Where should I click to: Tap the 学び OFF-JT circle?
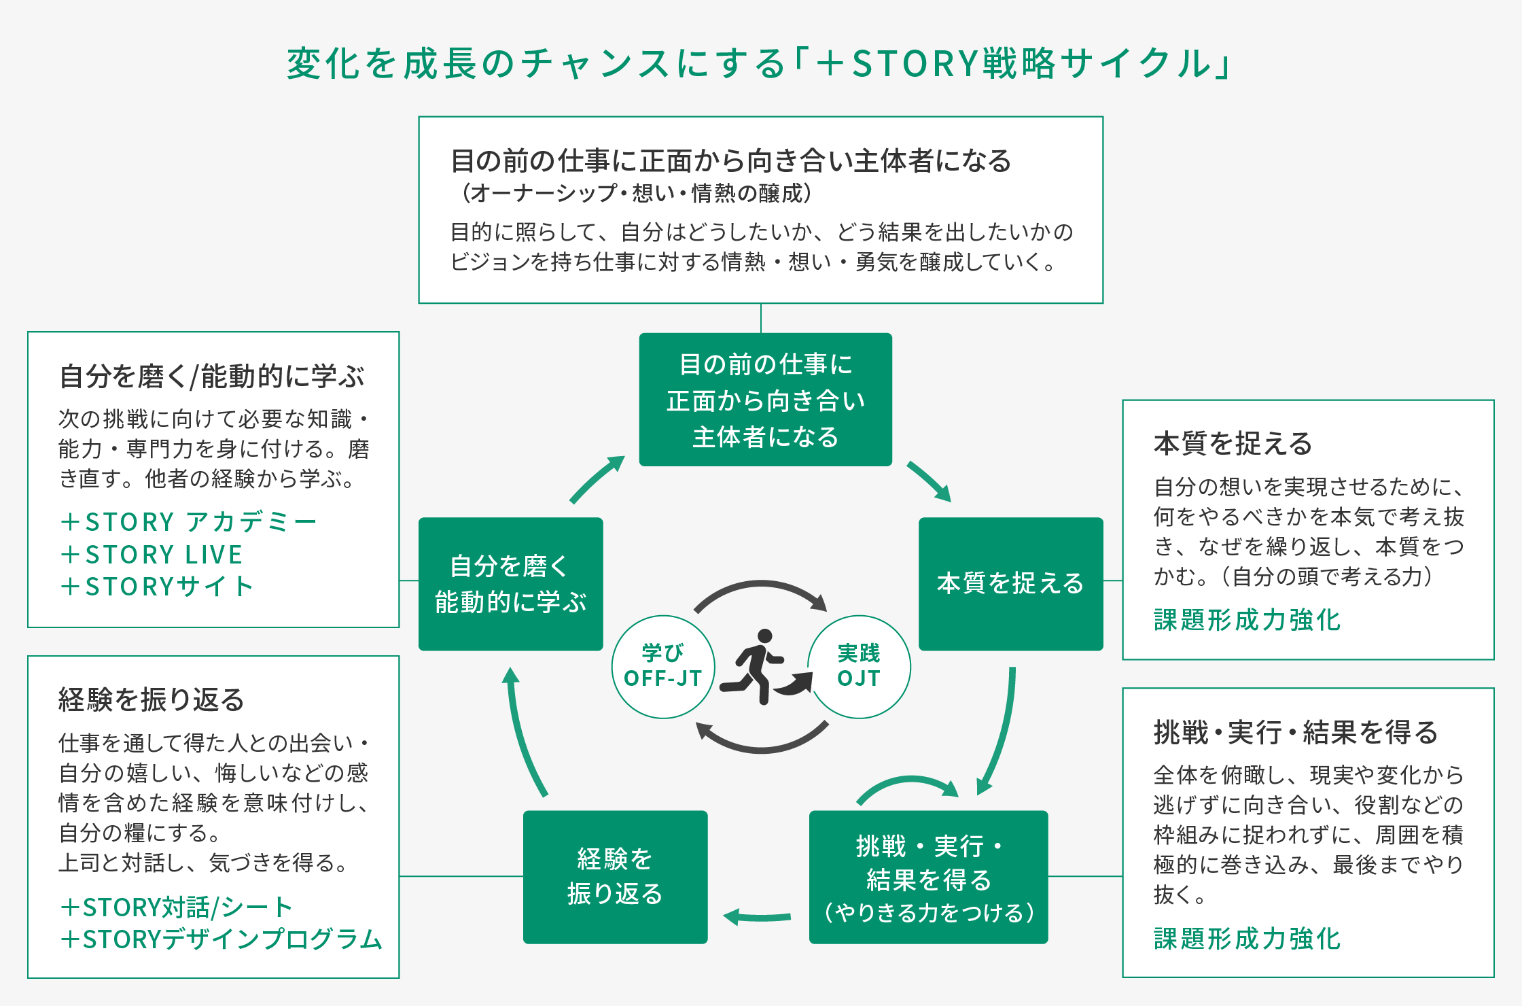pyautogui.click(x=663, y=667)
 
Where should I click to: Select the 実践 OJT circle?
pyautogui.click(x=859, y=667)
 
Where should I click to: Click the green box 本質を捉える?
pyautogui.click(x=1010, y=583)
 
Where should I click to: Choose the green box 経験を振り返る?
pyautogui.click(x=615, y=877)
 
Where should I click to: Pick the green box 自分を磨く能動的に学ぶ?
pyautogui.click(x=510, y=583)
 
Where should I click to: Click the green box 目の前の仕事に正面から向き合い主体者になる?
pyautogui.click(x=765, y=400)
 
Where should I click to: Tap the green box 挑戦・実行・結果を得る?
pyautogui.click(x=928, y=877)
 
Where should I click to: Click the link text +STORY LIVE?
pyautogui.click(x=152, y=555)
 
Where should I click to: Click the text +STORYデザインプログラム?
pyautogui.click(x=222, y=939)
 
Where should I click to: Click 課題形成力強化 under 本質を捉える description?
pyautogui.click(x=1247, y=620)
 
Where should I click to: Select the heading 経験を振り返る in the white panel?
pyautogui.click(x=151, y=699)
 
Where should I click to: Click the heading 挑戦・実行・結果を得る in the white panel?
pyautogui.click(x=1295, y=733)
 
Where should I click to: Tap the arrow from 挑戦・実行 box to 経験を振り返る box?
pyautogui.click(x=758, y=917)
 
